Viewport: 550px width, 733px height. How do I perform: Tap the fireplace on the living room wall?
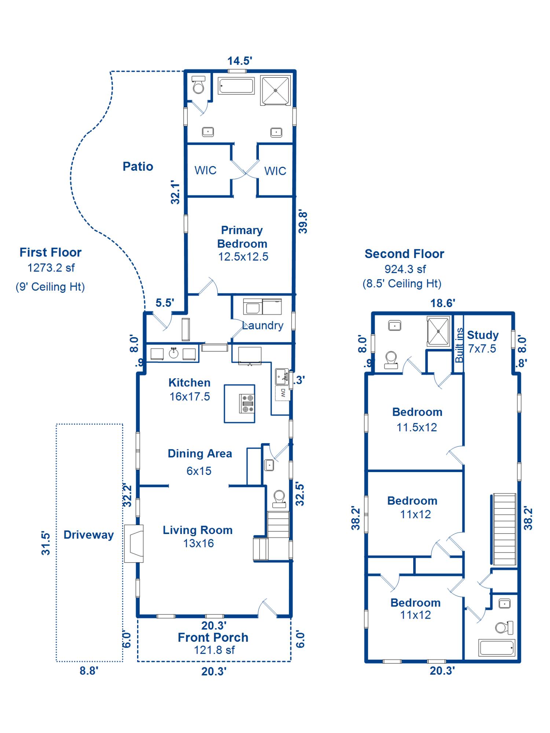coord(134,544)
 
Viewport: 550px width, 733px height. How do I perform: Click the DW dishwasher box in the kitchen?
coord(283,393)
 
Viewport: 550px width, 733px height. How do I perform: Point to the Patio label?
coord(137,166)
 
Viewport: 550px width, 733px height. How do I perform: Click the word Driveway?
coord(88,535)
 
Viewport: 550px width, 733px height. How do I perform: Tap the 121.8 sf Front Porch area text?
coord(214,650)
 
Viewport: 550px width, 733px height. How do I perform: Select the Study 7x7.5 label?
coord(482,342)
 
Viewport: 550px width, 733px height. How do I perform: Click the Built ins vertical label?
coord(459,345)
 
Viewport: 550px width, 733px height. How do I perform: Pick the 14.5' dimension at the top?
coord(239,61)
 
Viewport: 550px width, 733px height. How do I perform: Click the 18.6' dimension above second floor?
coord(442,303)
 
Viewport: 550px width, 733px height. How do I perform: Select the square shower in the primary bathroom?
coord(275,90)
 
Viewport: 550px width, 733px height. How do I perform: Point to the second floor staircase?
coord(505,529)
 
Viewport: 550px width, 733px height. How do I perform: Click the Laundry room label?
coord(263,325)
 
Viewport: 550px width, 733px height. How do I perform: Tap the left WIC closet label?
coord(205,170)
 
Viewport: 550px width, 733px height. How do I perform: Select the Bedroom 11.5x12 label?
coord(417,419)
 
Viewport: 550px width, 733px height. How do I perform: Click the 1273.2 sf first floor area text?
coord(51,268)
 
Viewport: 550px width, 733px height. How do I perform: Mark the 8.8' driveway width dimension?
coord(89,671)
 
